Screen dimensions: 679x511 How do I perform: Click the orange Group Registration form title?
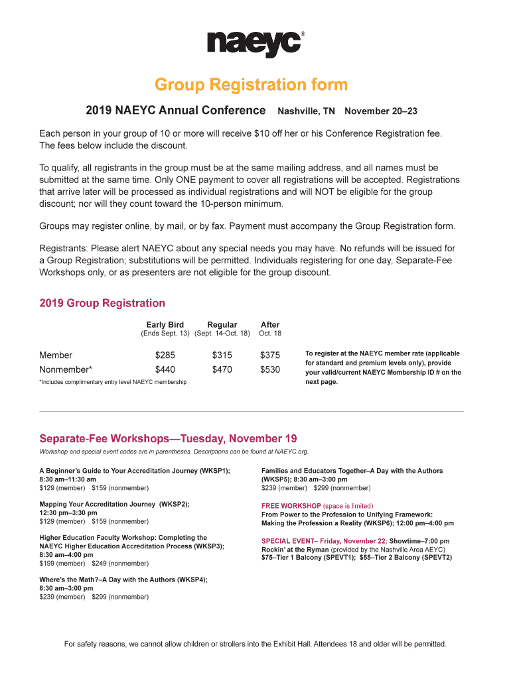tap(251, 85)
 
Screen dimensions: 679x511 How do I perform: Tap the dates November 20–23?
tap(380, 110)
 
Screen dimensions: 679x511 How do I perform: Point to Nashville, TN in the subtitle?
tap(306, 110)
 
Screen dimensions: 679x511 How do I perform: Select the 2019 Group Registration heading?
tap(102, 303)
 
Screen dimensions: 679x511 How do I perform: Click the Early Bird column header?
tap(165, 325)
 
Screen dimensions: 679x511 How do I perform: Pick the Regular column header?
tap(222, 325)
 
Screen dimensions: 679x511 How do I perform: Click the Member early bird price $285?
tap(165, 355)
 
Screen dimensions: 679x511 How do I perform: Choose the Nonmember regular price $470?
tap(222, 369)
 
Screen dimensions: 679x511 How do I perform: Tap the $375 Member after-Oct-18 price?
tap(270, 355)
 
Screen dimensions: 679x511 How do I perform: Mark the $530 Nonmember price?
tap(270, 369)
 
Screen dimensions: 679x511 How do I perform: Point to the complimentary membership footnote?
tap(113, 382)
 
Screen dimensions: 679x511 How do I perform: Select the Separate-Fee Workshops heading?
tap(168, 439)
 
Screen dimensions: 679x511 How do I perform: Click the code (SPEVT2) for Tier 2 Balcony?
tap(432, 558)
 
